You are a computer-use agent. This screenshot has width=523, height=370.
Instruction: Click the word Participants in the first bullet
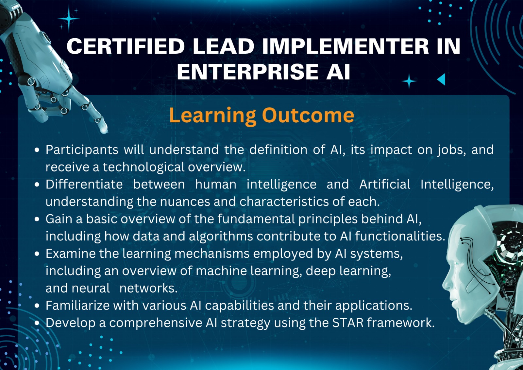click(82, 150)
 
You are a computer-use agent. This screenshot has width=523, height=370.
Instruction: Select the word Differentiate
click(84, 184)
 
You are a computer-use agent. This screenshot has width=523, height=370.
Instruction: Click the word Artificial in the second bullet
click(385, 184)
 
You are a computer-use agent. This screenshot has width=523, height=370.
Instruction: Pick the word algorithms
click(221, 237)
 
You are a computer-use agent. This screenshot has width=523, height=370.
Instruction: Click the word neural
click(91, 288)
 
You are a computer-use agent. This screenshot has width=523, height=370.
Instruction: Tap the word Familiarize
click(78, 306)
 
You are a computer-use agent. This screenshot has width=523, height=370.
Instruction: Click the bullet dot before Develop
click(37, 323)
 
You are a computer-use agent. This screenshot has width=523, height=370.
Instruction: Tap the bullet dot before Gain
click(37, 219)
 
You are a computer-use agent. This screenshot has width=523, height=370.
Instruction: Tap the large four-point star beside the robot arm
click(69, 19)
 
